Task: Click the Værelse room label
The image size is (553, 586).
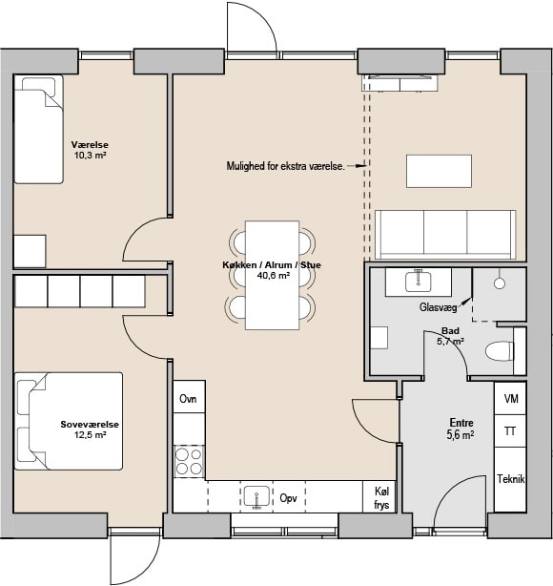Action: [x=90, y=145]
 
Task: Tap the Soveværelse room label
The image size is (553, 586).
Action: [x=90, y=424]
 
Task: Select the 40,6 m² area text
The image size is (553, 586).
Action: [x=274, y=276]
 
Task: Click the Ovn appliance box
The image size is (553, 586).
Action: [x=189, y=396]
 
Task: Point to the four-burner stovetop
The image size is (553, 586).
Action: [x=189, y=461]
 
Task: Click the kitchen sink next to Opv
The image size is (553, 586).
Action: [x=256, y=496]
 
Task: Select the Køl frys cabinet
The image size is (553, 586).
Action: [x=379, y=496]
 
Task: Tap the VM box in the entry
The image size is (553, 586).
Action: [x=510, y=398]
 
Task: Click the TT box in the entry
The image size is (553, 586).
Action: [x=510, y=430]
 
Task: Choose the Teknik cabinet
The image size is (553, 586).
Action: [x=510, y=479]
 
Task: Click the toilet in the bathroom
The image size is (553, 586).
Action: [x=500, y=351]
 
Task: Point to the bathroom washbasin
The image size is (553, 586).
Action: [x=419, y=282]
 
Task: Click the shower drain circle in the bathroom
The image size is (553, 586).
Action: [x=500, y=283]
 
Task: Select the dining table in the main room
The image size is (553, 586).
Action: [x=272, y=275]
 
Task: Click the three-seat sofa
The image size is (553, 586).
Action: [x=445, y=235]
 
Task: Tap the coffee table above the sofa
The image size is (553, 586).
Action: [x=440, y=171]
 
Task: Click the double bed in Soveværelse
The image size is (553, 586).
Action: [x=69, y=421]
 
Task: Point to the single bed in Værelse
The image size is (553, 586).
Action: [x=39, y=129]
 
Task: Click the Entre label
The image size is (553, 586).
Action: [x=461, y=423]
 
